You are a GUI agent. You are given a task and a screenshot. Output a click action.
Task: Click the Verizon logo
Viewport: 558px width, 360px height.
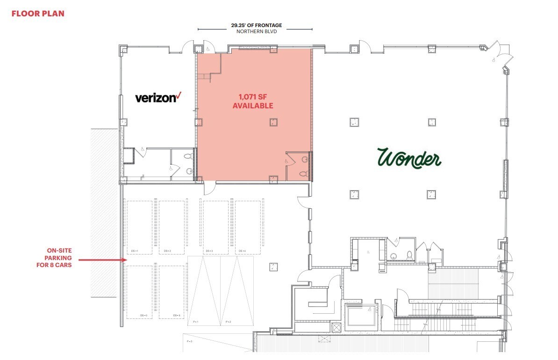[157, 97]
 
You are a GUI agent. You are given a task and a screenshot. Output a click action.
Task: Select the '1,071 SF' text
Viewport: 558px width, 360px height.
[252, 97]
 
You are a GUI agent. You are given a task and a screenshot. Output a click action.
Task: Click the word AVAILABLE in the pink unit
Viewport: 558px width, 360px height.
[253, 106]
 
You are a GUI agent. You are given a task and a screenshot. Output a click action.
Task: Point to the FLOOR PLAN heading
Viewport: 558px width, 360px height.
[38, 14]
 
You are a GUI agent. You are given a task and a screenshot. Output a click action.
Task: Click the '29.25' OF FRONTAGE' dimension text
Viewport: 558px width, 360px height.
[257, 25]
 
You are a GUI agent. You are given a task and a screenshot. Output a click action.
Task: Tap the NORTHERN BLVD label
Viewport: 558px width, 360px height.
[257, 32]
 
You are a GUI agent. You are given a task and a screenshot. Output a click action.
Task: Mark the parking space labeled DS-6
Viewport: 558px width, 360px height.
[172, 292]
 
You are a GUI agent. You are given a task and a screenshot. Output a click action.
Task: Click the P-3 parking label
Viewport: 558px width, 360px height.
[190, 341]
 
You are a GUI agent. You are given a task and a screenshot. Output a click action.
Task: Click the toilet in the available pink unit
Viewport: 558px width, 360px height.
[303, 173]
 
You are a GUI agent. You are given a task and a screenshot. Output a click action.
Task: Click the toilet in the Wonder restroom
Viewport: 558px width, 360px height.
[409, 255]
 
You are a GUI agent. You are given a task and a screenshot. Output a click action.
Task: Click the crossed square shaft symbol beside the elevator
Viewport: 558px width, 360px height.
[336, 327]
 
